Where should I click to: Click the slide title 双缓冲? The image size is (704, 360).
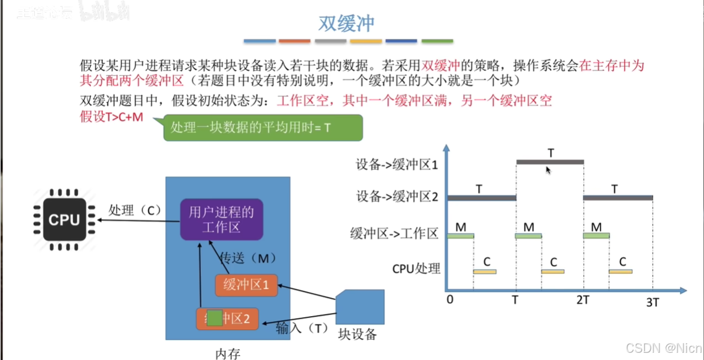click(346, 23)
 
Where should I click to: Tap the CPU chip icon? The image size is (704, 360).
click(64, 220)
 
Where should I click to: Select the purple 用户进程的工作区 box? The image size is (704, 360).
click(222, 219)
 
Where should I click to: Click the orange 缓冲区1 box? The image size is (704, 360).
click(246, 285)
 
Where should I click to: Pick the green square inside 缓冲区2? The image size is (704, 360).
click(214, 317)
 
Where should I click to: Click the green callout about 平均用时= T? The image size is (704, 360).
click(263, 128)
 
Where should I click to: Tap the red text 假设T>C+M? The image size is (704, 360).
click(111, 117)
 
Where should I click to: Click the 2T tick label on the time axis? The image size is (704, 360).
click(582, 300)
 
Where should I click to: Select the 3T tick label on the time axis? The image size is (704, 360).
click(653, 302)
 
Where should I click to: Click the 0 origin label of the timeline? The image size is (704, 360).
click(449, 299)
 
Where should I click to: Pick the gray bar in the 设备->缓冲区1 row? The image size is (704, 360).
click(550, 162)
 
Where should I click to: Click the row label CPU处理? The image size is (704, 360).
click(416, 268)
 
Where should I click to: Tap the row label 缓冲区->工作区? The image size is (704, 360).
click(394, 234)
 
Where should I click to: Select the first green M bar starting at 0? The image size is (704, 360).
click(461, 235)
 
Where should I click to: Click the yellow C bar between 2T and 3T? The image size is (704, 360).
click(620, 272)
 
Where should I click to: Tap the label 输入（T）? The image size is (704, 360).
click(302, 329)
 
